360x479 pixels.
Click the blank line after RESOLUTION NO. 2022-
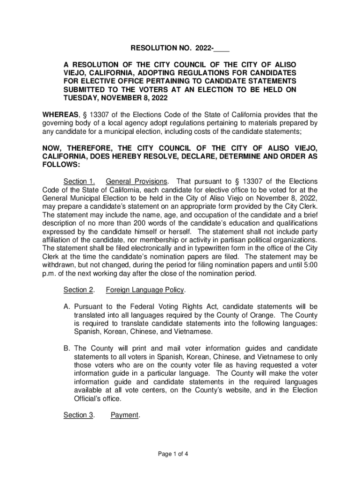click(223, 48)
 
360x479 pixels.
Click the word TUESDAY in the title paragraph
click(80, 99)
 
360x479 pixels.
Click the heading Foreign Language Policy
click(145, 290)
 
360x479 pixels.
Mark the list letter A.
click(66, 307)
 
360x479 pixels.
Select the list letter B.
click(66, 348)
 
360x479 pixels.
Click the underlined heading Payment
click(125, 415)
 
